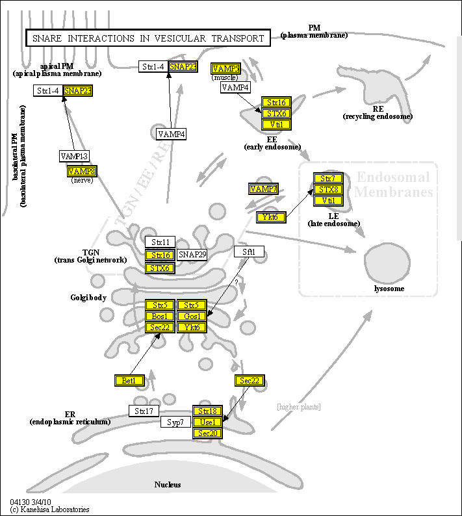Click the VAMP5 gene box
coord(225,68)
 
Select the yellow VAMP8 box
coord(82,171)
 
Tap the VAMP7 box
coord(263,188)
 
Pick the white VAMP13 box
coord(74,156)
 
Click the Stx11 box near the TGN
coord(160,242)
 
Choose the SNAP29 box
coord(192,255)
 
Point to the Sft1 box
coord(250,252)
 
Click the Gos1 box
coord(192,316)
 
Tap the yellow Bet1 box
coord(129,380)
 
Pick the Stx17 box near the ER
coord(144,411)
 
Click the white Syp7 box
coord(175,422)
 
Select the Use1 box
coord(208,422)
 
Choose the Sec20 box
coord(208,433)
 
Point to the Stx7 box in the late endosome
coord(328,178)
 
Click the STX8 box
coord(328,189)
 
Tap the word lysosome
coord(389,289)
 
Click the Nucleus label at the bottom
coord(168,484)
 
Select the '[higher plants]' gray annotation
coord(298,407)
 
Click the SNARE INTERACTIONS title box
coord(148,38)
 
